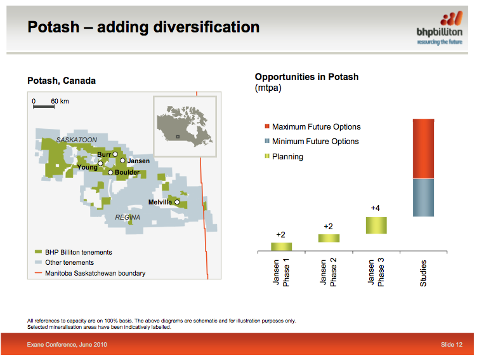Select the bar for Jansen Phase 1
(281, 246)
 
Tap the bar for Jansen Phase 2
(328, 238)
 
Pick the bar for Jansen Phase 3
(376, 225)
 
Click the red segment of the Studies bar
(423, 149)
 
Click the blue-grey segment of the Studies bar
(423, 197)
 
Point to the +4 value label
(376, 208)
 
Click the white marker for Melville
(177, 203)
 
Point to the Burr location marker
(115, 154)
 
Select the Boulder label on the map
(127, 172)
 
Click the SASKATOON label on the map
(76, 139)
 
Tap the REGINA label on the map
(128, 217)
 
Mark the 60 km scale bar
(44, 106)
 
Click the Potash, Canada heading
(62, 81)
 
